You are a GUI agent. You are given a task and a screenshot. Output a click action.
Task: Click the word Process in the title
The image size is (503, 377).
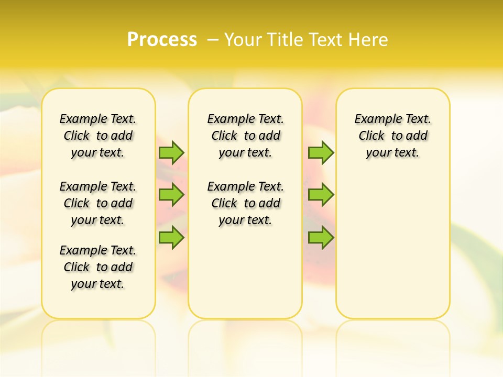pyautogui.click(x=162, y=39)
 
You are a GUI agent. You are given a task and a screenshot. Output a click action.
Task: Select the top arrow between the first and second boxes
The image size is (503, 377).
pyautogui.click(x=171, y=152)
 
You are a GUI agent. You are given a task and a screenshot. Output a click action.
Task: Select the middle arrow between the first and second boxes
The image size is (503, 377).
pyautogui.click(x=171, y=195)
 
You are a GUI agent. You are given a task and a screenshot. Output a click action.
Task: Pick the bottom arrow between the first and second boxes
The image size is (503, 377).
pyautogui.click(x=171, y=237)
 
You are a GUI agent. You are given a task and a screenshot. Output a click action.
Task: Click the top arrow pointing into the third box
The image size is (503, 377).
pyautogui.click(x=321, y=152)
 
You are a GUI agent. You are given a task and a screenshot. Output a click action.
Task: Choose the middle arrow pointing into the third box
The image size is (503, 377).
pyautogui.click(x=321, y=195)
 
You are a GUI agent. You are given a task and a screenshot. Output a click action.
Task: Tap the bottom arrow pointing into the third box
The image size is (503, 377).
pyautogui.click(x=321, y=237)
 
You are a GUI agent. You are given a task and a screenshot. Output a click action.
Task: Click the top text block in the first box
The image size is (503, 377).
pyautogui.click(x=98, y=136)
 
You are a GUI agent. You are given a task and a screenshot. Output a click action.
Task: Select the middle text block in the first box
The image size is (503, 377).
pyautogui.click(x=98, y=203)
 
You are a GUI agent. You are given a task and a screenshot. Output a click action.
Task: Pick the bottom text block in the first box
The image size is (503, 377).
pyautogui.click(x=98, y=267)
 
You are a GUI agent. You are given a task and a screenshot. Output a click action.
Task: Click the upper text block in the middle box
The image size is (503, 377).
pyautogui.click(x=245, y=136)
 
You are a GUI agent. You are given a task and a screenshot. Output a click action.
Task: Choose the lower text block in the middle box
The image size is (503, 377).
pyautogui.click(x=245, y=203)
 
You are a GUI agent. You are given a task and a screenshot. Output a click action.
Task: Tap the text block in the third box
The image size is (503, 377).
pyautogui.click(x=393, y=136)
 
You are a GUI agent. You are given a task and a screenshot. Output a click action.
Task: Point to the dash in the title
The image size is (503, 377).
pyautogui.click(x=213, y=39)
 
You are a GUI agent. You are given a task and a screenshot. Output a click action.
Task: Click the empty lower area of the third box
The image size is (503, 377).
pyautogui.click(x=393, y=251)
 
